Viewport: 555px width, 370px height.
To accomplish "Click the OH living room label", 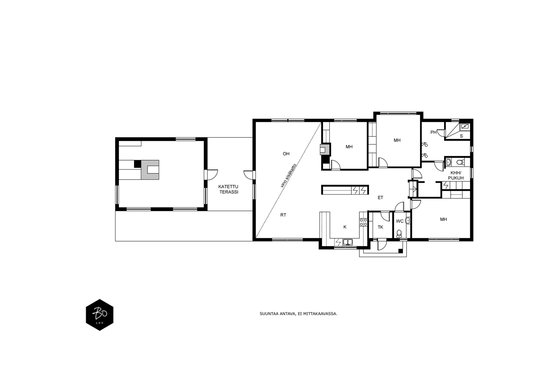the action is click(x=286, y=154).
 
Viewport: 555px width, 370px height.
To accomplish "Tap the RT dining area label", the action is click(x=283, y=215).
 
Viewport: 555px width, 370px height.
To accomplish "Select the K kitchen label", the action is click(x=345, y=227).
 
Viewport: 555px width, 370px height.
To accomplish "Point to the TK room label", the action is click(x=380, y=227).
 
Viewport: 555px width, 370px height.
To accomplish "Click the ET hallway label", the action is click(x=380, y=198).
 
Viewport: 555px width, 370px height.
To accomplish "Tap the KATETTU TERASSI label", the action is click(x=228, y=189).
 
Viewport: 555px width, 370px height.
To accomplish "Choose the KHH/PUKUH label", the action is click(x=456, y=175).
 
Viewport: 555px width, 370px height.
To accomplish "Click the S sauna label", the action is click(x=461, y=136).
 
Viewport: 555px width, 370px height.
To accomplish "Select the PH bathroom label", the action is click(x=433, y=132).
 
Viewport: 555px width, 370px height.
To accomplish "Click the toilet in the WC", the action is click(x=399, y=233).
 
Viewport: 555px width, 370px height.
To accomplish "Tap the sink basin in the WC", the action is click(x=408, y=221).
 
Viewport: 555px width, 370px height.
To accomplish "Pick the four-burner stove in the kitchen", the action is click(x=363, y=222).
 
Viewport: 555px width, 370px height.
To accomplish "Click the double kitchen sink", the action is click(x=348, y=242).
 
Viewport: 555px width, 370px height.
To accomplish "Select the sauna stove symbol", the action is click(x=465, y=127).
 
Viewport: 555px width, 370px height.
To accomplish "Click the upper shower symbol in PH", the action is click(x=425, y=144).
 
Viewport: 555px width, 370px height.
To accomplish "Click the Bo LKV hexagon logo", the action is click(x=100, y=315).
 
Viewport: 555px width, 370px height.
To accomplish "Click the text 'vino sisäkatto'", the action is click(x=289, y=175).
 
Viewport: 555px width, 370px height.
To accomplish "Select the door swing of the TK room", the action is click(x=385, y=216).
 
